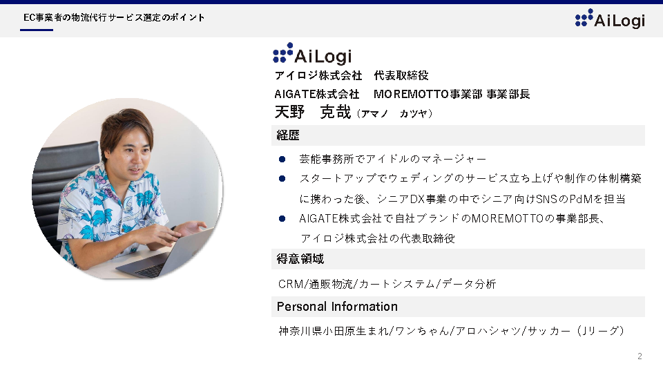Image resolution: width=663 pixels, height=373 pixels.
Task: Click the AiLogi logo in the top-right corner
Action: tap(610, 19)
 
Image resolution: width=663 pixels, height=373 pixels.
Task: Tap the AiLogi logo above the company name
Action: tap(312, 53)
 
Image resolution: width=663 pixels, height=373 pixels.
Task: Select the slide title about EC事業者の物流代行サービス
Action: tap(114, 18)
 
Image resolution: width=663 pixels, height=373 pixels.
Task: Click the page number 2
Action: tap(640, 356)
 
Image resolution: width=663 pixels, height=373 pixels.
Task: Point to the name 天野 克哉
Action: tap(312, 112)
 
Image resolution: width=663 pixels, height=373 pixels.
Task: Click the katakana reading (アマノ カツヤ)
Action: tap(394, 114)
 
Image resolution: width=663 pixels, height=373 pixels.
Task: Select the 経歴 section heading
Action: tap(288, 135)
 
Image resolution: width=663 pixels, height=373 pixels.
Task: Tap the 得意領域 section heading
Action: tap(300, 259)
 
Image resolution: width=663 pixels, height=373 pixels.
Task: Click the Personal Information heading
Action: tap(337, 307)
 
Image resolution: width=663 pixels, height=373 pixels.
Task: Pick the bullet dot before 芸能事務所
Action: tap(282, 160)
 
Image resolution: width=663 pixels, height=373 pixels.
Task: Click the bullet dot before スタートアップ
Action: tap(282, 179)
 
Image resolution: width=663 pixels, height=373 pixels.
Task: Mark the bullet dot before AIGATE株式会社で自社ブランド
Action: tap(282, 219)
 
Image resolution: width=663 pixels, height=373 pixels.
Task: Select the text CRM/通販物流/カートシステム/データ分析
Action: tap(387, 284)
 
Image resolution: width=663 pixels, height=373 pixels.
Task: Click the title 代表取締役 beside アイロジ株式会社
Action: tap(401, 76)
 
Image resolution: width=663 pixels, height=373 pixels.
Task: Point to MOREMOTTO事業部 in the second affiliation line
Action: tap(427, 94)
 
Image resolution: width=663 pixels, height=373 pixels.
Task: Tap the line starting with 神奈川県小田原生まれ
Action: tap(451, 331)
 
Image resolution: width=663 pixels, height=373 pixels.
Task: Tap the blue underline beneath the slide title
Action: tap(37, 30)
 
